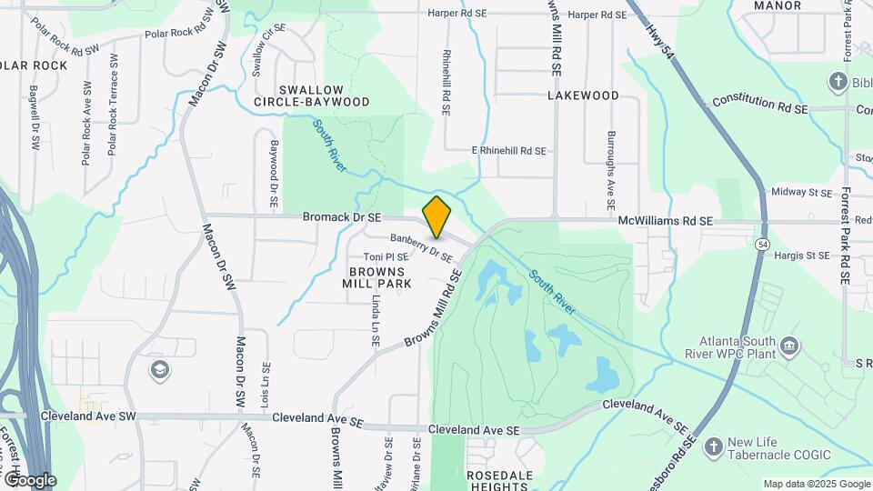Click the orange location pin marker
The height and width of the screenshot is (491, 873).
pyautogui.click(x=436, y=216)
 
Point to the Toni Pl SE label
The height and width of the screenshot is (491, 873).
pyautogui.click(x=386, y=257)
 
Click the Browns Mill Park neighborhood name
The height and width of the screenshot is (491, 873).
pyautogui.click(x=377, y=277)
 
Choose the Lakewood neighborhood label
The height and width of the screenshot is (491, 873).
pyautogui.click(x=583, y=95)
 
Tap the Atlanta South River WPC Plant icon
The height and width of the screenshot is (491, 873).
pyautogui.click(x=789, y=345)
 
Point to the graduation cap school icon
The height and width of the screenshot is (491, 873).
pyautogui.click(x=160, y=369)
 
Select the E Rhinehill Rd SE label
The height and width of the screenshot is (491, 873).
pyautogui.click(x=509, y=151)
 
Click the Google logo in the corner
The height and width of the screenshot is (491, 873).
pyautogui.click(x=29, y=479)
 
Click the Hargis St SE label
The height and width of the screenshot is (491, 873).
pyautogui.click(x=800, y=256)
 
